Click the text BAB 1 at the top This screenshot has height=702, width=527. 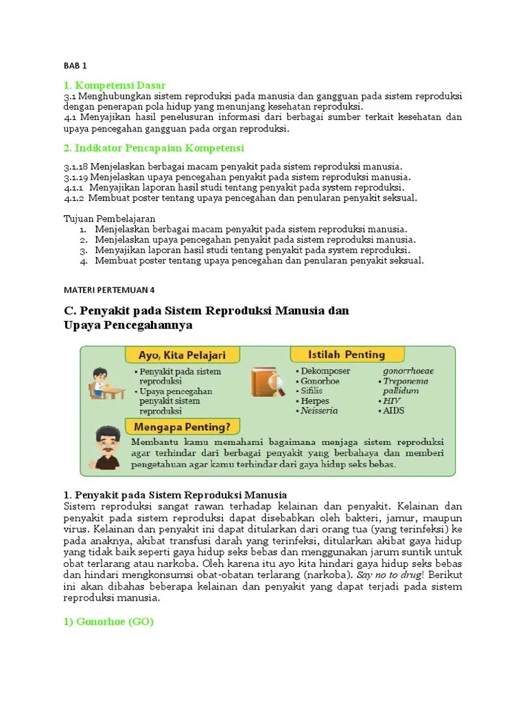[x=75, y=66]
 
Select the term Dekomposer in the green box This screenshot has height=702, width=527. [x=325, y=371]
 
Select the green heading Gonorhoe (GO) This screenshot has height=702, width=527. [x=110, y=622]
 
